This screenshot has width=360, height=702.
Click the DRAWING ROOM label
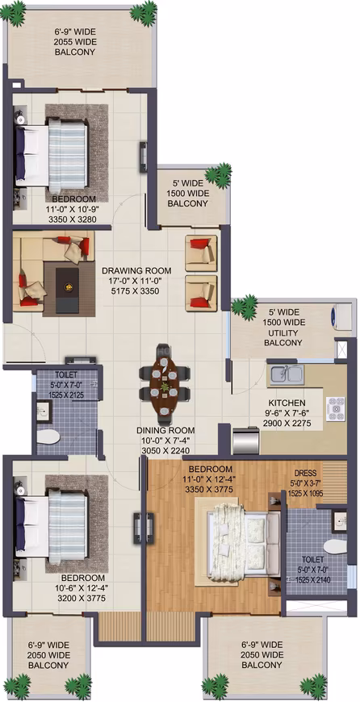point(136,270)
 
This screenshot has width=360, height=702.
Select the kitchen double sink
point(286,374)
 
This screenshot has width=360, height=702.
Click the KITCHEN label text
point(287,403)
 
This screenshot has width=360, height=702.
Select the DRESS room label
point(305,473)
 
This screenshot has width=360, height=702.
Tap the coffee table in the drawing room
point(68,287)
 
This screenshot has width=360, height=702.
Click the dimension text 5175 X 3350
point(136,291)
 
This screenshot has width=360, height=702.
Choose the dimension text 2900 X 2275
point(287,423)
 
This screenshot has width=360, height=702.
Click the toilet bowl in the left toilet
point(48,437)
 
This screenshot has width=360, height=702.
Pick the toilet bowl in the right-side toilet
point(335,546)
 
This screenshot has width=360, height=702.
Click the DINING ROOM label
point(165,430)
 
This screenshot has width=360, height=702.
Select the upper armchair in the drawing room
point(201,253)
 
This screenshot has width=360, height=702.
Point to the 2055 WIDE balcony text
point(75,42)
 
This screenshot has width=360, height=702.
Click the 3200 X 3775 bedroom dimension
point(83,598)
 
